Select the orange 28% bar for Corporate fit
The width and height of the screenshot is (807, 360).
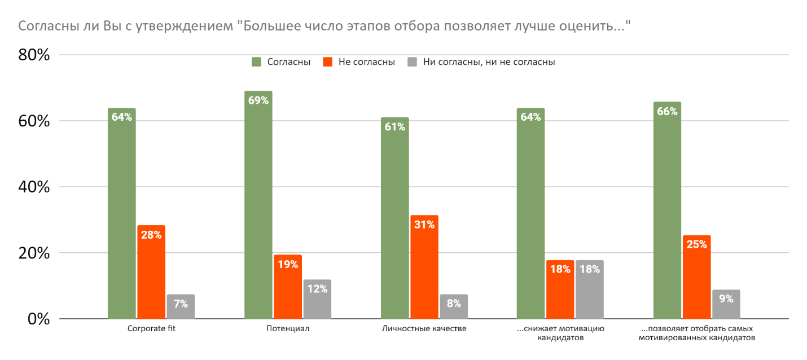tap(151, 272)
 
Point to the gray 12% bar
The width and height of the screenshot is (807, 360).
tap(317, 299)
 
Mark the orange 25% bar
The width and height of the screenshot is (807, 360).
tap(696, 277)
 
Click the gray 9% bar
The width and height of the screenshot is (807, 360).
tap(726, 304)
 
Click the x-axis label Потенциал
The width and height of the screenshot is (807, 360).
tap(288, 328)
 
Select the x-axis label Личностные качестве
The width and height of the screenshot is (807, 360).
tap(424, 328)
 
